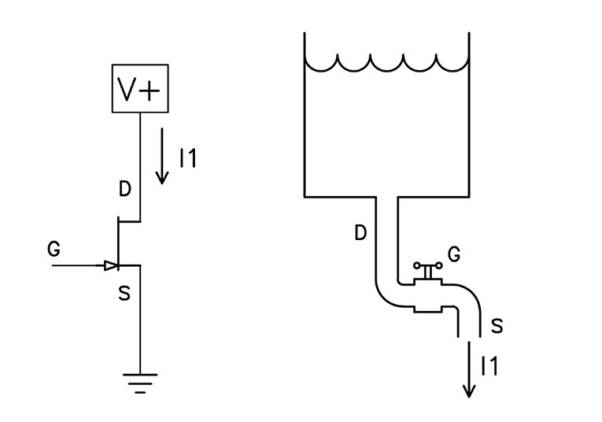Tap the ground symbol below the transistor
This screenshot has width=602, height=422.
click(x=140, y=382)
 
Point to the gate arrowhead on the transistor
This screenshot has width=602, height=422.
click(x=110, y=266)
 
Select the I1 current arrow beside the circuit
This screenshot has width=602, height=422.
click(x=161, y=156)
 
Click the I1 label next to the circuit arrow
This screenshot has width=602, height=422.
click(x=187, y=158)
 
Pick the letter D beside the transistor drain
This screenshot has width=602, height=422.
click(x=125, y=191)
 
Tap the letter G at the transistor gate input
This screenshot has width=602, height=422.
click(x=54, y=250)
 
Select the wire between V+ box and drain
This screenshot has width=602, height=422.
click(x=140, y=165)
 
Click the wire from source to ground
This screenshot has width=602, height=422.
click(x=140, y=323)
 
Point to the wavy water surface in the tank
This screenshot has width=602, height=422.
click(x=386, y=64)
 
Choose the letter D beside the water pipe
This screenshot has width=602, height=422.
click(x=360, y=233)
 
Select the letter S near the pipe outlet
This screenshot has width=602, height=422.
click(x=497, y=324)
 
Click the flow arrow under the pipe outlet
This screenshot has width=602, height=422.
click(x=470, y=370)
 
